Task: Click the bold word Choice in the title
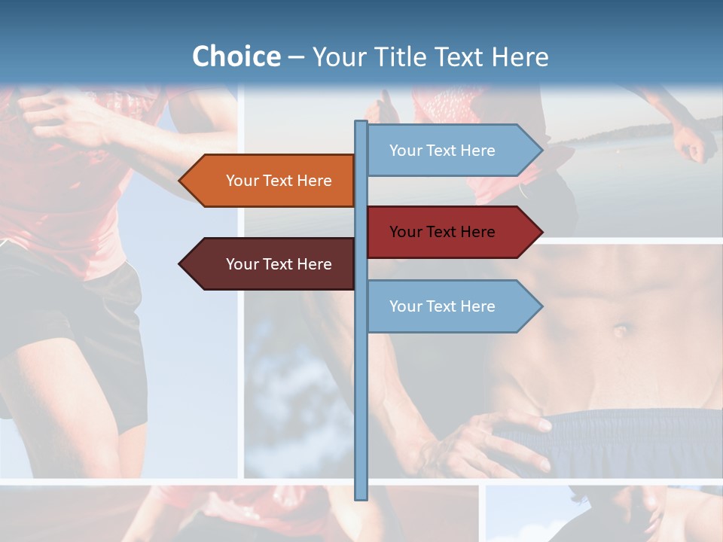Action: coord(236,56)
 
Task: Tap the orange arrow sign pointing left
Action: coord(271,181)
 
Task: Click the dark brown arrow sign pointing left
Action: coord(271,264)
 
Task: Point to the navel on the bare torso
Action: coord(621,330)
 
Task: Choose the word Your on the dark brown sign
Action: coord(242,264)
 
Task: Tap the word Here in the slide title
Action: coord(520,56)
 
